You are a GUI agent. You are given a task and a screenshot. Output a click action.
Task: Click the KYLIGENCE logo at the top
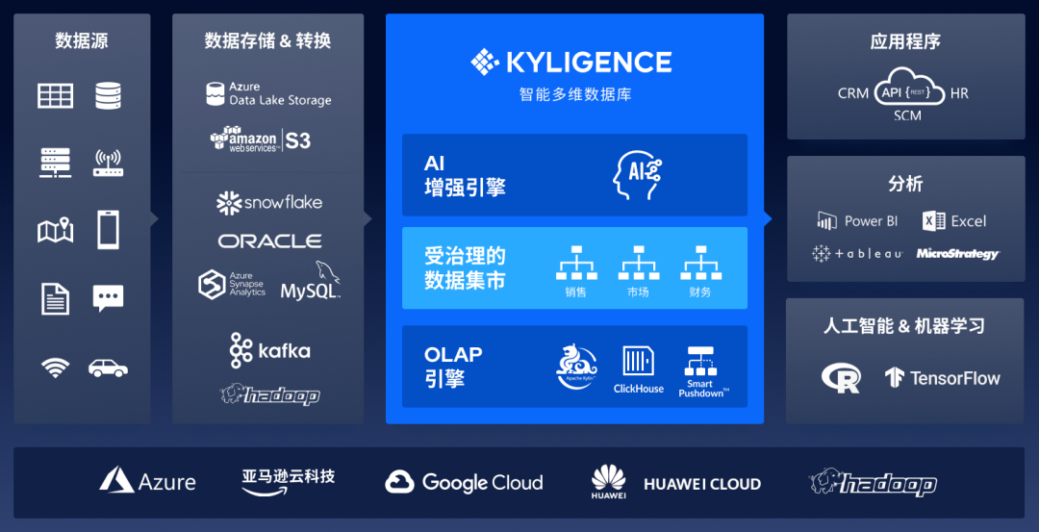point(571,63)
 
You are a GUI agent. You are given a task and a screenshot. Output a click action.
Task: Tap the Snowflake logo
point(268,202)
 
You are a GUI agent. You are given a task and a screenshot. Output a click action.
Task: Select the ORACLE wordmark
point(269,241)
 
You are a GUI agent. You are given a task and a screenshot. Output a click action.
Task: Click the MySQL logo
point(310,284)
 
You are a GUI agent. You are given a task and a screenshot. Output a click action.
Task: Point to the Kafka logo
point(269,350)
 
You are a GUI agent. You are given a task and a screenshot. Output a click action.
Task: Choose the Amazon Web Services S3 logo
point(261,139)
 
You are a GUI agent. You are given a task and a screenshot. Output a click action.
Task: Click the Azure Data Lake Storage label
point(268,93)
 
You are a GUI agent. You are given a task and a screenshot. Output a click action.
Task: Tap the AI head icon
point(638,174)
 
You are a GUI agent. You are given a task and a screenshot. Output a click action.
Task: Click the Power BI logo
point(857,221)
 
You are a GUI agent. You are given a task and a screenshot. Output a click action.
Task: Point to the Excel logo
point(954,221)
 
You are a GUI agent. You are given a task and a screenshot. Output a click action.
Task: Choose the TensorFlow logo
point(943,378)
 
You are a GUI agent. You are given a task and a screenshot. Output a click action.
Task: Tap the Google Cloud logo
point(464,482)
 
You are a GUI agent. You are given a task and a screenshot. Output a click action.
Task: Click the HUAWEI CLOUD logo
point(676,482)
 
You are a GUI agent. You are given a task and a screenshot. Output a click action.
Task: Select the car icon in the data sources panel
point(109,367)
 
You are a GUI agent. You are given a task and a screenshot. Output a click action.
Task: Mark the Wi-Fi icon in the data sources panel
point(55,367)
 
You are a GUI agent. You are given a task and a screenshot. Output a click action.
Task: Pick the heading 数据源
point(82,41)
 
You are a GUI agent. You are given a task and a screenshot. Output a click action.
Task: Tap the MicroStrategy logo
point(957,254)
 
